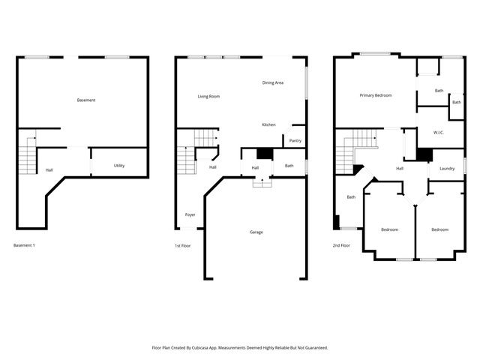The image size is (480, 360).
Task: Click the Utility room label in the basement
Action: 119,166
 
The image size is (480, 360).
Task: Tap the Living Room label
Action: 208,97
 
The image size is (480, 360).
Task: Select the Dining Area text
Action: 272,82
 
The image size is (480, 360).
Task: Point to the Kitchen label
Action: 268,124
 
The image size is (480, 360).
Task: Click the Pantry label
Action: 295,140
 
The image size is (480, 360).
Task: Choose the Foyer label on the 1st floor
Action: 190,215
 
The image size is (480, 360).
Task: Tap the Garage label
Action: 256,232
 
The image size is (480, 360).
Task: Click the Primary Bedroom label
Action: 376,95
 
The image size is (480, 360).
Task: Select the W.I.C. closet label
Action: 439,133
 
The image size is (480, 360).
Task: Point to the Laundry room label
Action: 447,169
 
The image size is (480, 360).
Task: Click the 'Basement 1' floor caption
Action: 25,245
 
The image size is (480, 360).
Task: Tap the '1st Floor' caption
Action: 183,245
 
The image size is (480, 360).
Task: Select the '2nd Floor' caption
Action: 341,245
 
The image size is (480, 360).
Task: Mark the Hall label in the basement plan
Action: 49,170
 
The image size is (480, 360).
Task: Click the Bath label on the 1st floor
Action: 289,166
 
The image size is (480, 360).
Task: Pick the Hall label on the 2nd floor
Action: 400,169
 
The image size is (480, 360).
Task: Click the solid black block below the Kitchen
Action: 262,154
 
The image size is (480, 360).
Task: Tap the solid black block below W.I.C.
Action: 424,154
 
